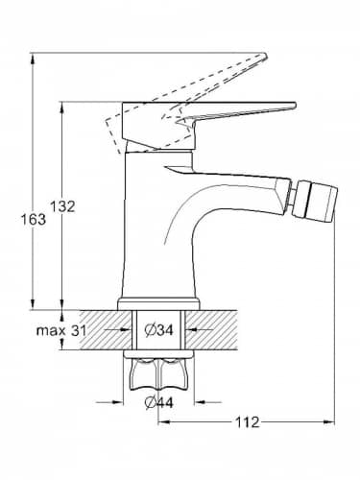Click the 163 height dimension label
pos(34,220)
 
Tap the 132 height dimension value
pos(62,206)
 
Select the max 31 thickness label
pos(61,331)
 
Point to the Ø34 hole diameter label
pos(158,330)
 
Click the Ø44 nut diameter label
pos(158,402)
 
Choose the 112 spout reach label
pos(248,422)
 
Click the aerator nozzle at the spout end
pos(316,202)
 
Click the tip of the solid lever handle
pos(294,106)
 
